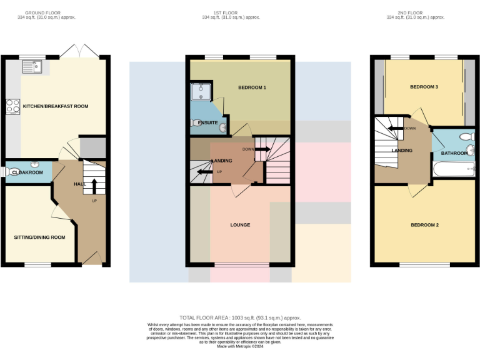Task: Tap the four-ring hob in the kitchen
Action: [x=12, y=106]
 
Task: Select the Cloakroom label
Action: [x=26, y=172]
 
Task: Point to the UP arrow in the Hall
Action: [x=94, y=186]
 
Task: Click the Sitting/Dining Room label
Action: [x=40, y=237]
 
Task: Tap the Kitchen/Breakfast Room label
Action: [x=56, y=106]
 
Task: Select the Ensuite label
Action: [x=207, y=123]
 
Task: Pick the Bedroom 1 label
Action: [x=252, y=87]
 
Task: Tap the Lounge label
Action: [x=240, y=224]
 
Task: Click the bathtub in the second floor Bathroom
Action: [x=453, y=169]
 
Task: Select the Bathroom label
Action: [x=454, y=153]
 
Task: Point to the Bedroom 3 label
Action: [x=424, y=87]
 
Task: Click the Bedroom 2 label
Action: [x=424, y=224]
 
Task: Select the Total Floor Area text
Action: [x=240, y=318]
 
